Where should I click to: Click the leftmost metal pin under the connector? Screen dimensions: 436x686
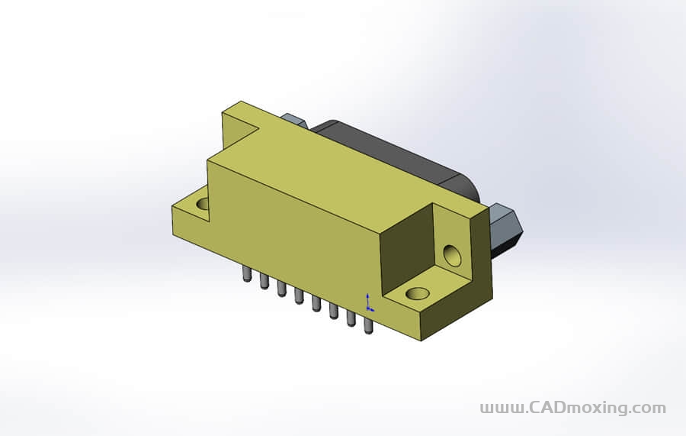point(246,274)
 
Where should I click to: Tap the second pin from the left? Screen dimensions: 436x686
point(264,282)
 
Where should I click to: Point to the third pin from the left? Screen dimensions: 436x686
point(281,289)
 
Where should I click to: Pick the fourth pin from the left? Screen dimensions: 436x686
point(299,296)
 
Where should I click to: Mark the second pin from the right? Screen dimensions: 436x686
point(351,318)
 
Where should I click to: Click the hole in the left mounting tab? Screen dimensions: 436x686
point(203,205)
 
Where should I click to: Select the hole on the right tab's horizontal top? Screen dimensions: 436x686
point(417,293)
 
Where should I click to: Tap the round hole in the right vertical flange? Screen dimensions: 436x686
point(453,255)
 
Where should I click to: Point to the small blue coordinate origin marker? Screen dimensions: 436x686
point(369,303)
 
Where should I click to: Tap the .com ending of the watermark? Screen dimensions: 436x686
point(649,408)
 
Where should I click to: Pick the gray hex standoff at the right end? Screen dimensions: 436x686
point(506,228)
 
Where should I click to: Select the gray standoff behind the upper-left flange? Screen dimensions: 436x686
point(294,121)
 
